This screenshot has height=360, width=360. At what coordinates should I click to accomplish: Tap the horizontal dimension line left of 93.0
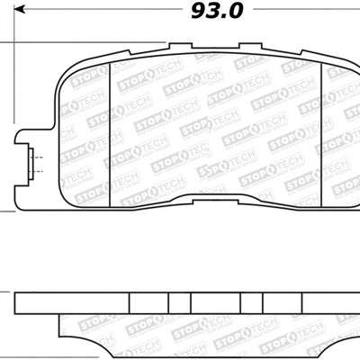click(x=90, y=12)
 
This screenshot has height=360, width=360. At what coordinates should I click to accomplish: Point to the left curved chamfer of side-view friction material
click(x=65, y=335)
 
